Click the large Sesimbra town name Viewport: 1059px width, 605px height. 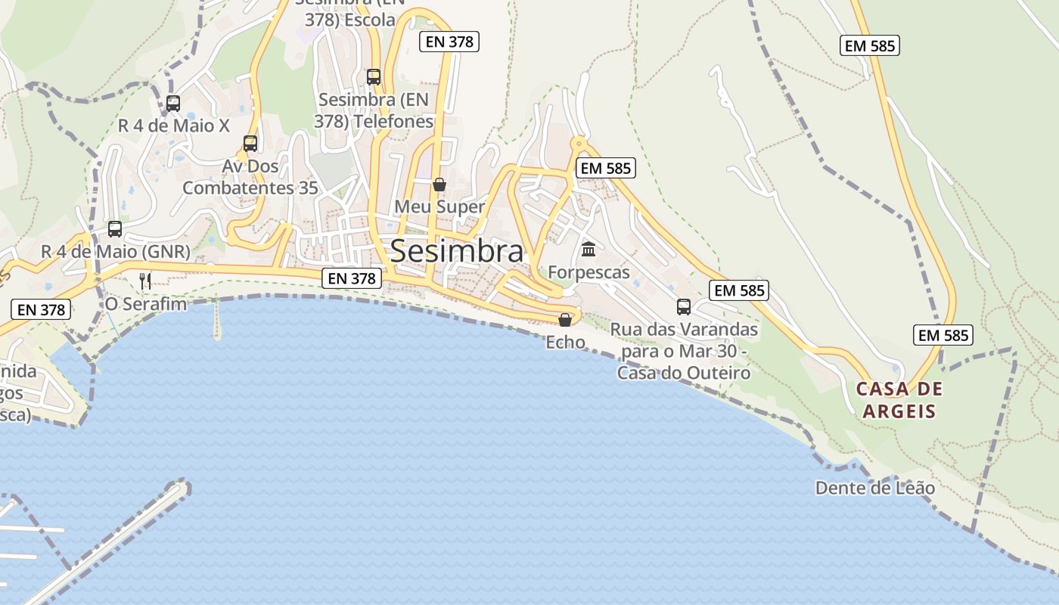coord(456,251)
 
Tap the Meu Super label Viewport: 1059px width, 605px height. coord(439,206)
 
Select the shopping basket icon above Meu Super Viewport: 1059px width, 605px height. coord(439,184)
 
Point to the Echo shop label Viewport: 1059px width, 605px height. coord(566,342)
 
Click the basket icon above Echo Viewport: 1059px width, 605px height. coord(565,319)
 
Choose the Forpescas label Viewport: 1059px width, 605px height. coord(589,271)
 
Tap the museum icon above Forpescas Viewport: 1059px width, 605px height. coord(589,249)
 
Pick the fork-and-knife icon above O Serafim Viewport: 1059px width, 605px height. coord(145,281)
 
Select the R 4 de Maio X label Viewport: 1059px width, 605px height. coord(173,126)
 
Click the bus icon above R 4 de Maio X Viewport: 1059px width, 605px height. coord(173,103)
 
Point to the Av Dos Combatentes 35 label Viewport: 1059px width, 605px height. coord(250,177)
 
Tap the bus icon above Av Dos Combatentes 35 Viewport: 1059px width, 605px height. coord(250,143)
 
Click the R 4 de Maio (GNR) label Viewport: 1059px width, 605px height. coord(116,251)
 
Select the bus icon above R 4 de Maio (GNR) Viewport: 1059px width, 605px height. coord(115,228)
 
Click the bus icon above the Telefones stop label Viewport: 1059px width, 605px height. coord(374,76)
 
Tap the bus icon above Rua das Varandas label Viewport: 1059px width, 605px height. coord(684,306)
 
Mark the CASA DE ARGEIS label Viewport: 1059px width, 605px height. coord(899,400)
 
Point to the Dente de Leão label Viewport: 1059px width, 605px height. coord(874,488)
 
